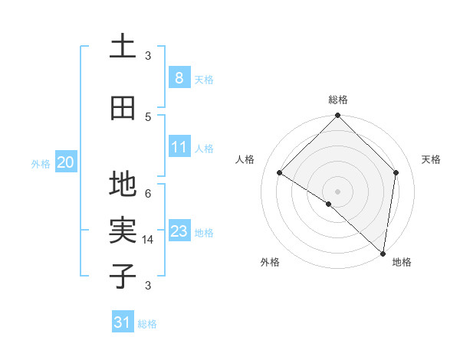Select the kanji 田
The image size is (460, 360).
(x=123, y=108)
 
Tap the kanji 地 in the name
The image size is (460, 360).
(x=123, y=185)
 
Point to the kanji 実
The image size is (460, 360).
(x=123, y=230)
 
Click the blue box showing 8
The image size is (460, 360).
(x=179, y=77)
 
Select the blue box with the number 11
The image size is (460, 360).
(x=179, y=147)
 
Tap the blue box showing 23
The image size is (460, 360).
(x=179, y=231)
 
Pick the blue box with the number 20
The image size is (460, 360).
(x=65, y=162)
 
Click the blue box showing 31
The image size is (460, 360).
(x=123, y=322)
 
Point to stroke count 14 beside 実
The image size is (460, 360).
(x=149, y=240)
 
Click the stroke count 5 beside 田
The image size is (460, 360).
(x=148, y=116)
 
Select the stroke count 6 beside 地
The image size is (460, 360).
(x=148, y=193)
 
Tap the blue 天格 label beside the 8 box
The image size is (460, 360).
(x=204, y=79)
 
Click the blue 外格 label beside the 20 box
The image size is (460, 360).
(x=41, y=163)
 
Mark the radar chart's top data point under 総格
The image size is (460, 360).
(x=337, y=116)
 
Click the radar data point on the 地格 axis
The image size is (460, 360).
(x=383, y=252)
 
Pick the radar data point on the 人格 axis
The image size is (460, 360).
(x=279, y=172)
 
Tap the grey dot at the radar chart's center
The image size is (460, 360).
(x=337, y=191)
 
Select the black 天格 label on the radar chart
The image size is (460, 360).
(x=432, y=159)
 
